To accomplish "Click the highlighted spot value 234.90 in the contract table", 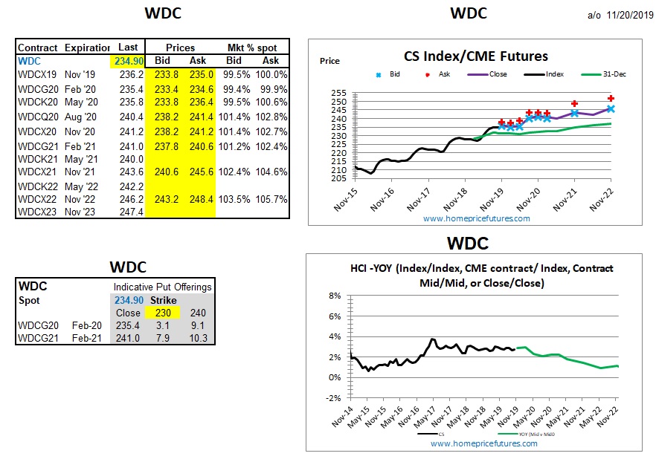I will pos(127,61).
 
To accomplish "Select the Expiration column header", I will pos(87,48).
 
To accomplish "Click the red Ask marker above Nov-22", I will pos(611,98).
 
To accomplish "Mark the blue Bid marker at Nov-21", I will pos(574,113).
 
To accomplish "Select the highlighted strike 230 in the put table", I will pos(162,313).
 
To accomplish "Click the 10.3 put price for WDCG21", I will pos(198,338).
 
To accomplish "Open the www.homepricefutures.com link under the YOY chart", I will pos(483,443).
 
